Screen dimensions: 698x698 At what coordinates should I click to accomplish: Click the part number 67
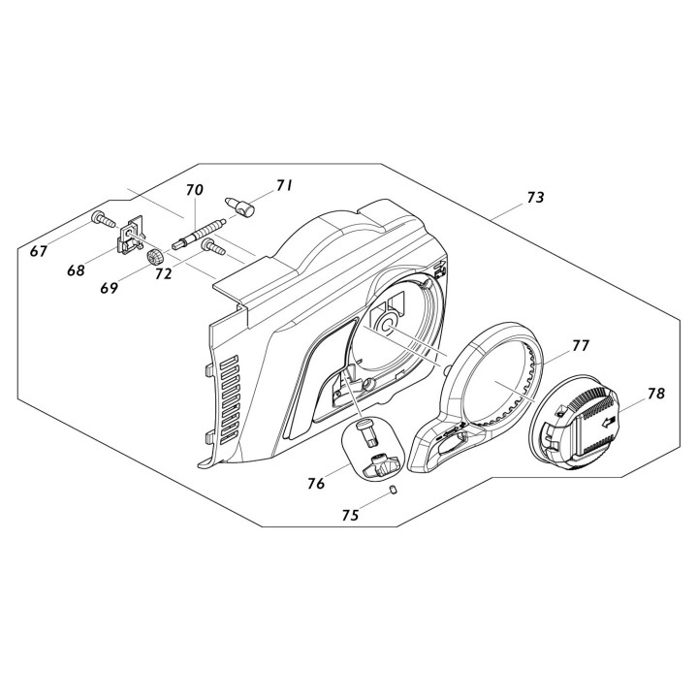[39, 251]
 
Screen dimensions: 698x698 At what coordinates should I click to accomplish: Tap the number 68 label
[76, 270]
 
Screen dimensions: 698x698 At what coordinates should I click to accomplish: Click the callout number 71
[284, 185]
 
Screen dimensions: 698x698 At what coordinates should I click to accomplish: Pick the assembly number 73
[535, 197]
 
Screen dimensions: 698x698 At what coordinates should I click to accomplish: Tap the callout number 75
[349, 516]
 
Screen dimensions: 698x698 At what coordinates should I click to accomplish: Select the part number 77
[581, 344]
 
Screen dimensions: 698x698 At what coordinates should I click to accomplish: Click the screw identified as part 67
[100, 219]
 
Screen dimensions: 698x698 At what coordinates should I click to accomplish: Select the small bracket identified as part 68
[130, 238]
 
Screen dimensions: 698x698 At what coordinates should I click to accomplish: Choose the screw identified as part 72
[212, 249]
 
